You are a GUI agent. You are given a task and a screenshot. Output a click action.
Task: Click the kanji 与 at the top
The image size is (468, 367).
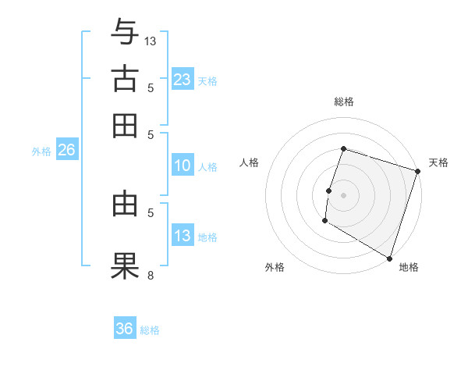(125, 34)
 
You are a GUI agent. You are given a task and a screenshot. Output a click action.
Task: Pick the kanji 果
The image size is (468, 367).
(125, 265)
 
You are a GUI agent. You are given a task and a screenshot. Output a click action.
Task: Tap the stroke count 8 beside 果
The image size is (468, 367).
(151, 274)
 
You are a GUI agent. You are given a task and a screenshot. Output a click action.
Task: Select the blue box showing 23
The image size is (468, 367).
(183, 79)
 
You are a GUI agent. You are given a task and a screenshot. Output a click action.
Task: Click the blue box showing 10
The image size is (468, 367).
(183, 166)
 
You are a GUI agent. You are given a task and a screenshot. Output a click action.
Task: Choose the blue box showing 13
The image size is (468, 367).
(183, 236)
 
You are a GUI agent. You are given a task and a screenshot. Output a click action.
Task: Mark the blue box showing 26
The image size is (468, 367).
(66, 151)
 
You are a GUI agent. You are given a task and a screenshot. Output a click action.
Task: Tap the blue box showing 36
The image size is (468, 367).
(125, 329)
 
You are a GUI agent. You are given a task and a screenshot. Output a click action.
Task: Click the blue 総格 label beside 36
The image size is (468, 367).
(150, 330)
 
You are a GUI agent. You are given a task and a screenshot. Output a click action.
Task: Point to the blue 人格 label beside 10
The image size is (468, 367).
(207, 166)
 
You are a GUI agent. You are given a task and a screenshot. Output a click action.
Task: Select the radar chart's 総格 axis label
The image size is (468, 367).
(343, 102)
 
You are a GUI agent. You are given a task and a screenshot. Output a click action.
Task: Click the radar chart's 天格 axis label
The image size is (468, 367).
(438, 162)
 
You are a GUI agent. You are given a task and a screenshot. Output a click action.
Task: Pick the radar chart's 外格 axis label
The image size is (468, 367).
(275, 267)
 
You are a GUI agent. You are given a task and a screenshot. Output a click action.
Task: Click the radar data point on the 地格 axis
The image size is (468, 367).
(388, 258)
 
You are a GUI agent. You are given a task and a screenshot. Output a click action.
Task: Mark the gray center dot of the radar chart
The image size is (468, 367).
(343, 194)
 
